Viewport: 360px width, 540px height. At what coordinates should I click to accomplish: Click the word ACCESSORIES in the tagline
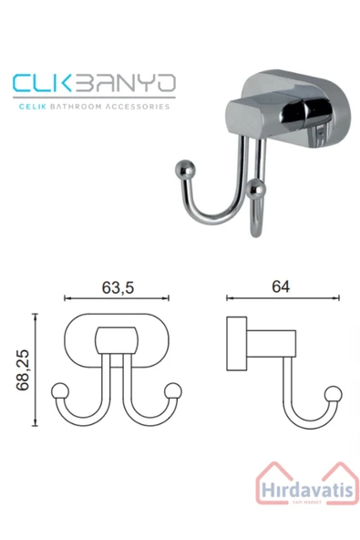point(138,106)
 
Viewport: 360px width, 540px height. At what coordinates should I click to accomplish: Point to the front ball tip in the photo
point(258,190)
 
